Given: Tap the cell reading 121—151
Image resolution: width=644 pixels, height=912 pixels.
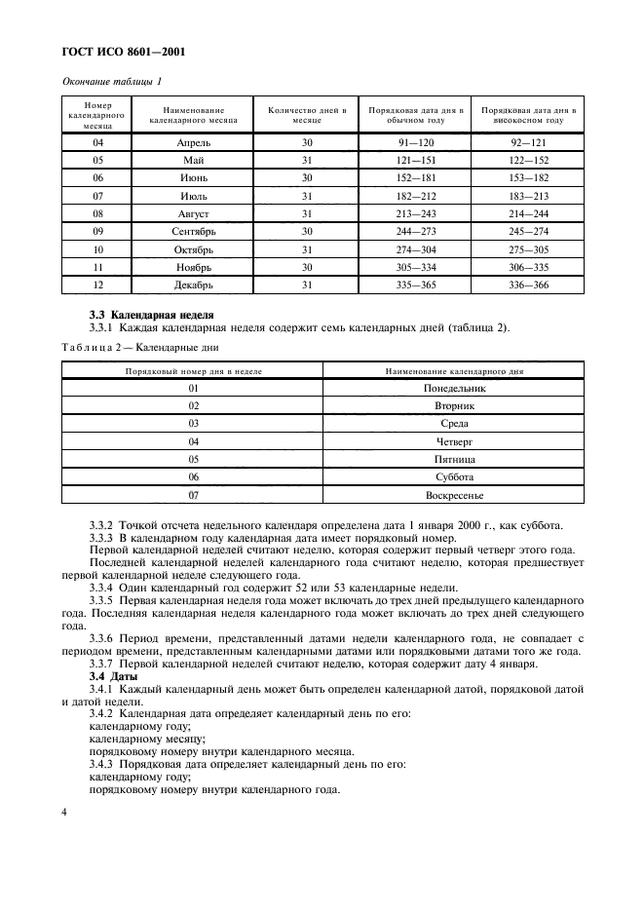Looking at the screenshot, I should click(x=416, y=160).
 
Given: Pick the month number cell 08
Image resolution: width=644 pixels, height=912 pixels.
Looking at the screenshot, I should click(x=97, y=213).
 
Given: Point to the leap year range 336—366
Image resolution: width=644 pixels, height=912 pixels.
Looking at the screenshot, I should click(x=528, y=285).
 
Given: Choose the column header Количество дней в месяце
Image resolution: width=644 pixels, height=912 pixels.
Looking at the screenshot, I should click(x=307, y=115).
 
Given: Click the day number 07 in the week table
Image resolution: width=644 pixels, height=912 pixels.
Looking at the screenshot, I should click(x=193, y=495).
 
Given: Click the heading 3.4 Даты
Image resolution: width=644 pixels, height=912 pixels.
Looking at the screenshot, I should click(x=112, y=676).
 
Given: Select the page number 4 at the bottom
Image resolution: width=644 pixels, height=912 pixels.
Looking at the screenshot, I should click(x=64, y=812).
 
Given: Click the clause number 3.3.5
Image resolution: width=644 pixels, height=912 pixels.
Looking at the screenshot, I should click(x=102, y=601).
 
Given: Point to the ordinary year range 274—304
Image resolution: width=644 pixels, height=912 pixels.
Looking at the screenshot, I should click(x=416, y=248).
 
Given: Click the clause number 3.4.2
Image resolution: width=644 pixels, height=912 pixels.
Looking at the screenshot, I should click(x=102, y=714).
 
